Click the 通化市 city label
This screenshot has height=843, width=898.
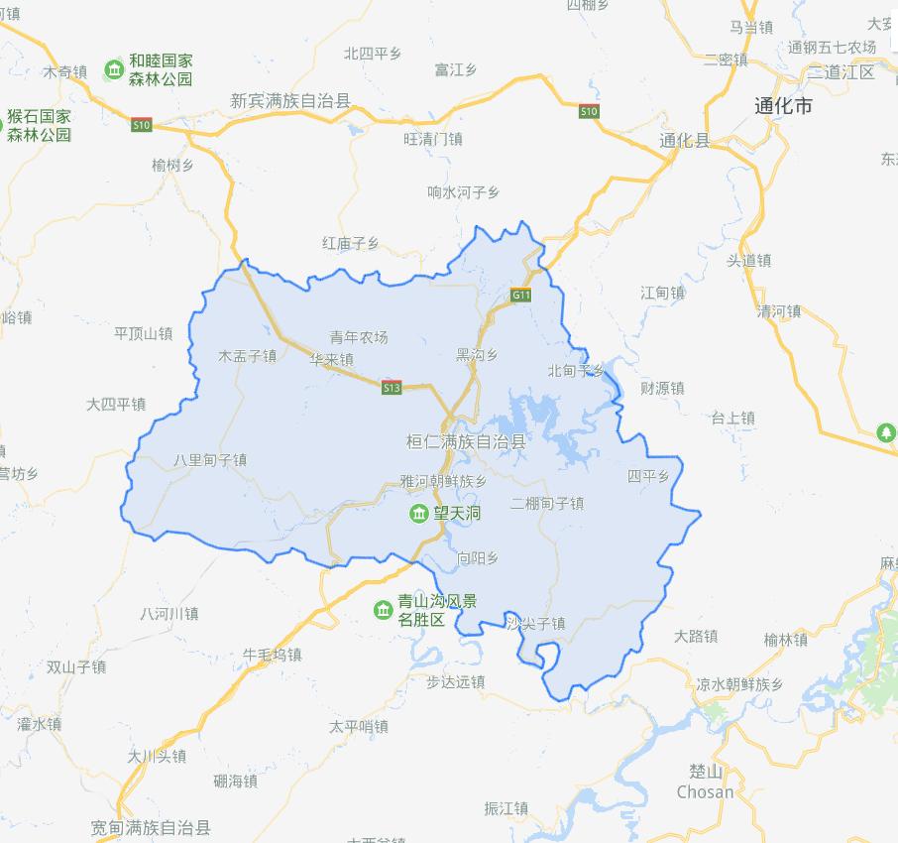[x=783, y=104]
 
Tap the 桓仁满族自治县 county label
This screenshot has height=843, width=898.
[x=466, y=441]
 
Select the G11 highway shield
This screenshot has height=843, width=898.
[x=521, y=295]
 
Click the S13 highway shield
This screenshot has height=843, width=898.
[x=393, y=389]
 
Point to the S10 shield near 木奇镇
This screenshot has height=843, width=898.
[x=142, y=124]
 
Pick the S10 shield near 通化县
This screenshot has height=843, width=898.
[x=590, y=111]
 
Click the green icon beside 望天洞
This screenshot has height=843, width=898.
[x=419, y=513]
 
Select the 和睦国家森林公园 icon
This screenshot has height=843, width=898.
[x=115, y=68]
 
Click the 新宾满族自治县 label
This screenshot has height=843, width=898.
[x=290, y=100]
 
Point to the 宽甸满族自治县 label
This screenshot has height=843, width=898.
[x=151, y=826]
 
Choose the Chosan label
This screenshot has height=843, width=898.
[x=705, y=791]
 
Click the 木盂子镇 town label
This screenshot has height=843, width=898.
[x=247, y=356]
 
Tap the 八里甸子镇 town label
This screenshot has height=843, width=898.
[x=209, y=460]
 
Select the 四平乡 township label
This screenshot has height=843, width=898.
[x=648, y=477]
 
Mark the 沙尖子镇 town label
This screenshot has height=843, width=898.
[x=535, y=624]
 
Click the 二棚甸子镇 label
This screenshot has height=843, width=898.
[x=547, y=504]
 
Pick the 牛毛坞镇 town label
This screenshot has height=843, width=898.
[x=272, y=655]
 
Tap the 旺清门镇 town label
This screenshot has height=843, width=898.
[x=433, y=139]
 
